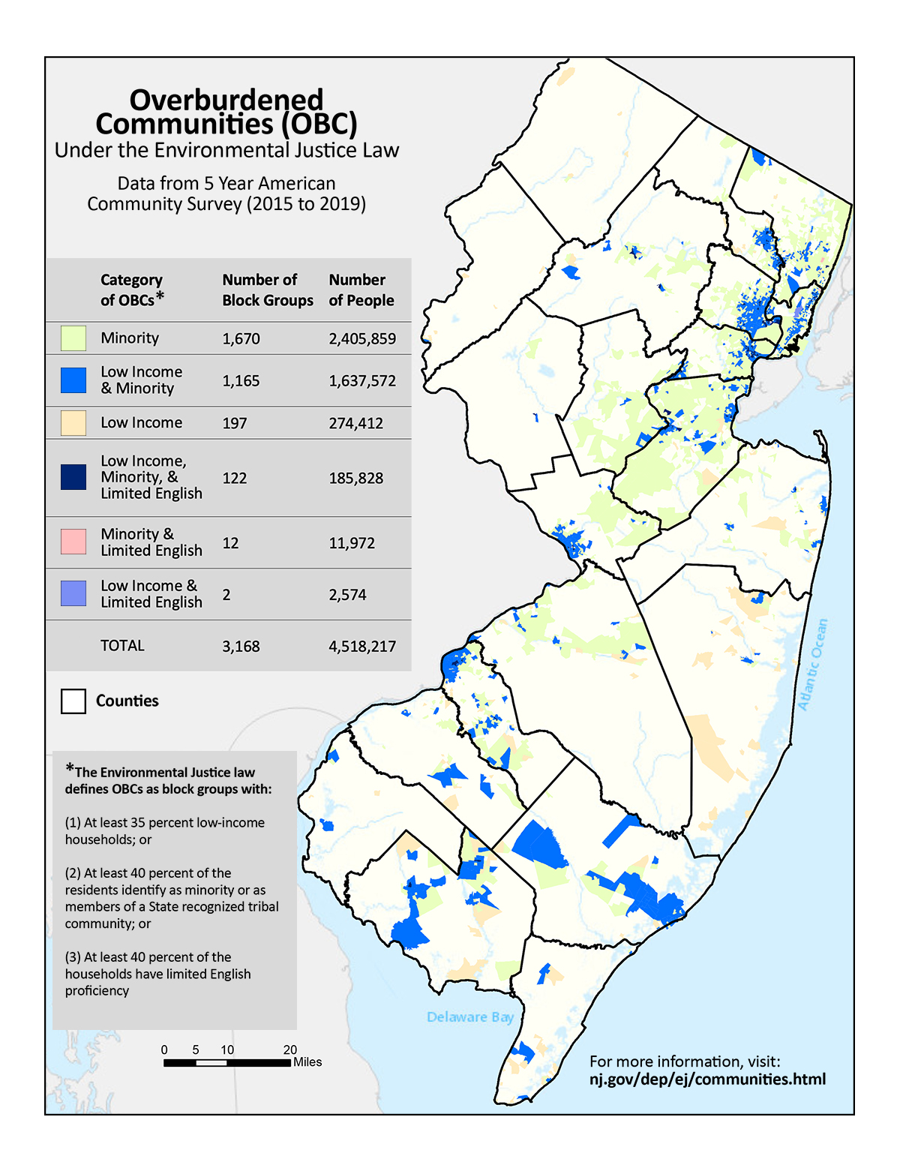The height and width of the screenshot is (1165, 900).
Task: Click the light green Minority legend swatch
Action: click(x=73, y=338)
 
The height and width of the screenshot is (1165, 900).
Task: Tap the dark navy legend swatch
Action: click(x=73, y=477)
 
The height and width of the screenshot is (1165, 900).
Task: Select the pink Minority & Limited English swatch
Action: click(x=73, y=542)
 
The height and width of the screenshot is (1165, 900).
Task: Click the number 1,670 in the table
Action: click(x=241, y=338)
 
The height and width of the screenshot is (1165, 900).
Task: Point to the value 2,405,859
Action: click(x=362, y=338)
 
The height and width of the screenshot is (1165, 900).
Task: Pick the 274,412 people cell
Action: click(x=355, y=423)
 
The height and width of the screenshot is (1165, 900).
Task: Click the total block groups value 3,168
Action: click(x=241, y=646)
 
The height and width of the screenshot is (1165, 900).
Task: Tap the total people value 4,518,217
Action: click(x=362, y=646)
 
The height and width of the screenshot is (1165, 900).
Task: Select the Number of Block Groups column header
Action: click(x=268, y=290)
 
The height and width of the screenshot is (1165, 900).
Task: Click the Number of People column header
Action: click(x=361, y=290)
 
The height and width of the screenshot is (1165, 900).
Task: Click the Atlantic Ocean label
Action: click(x=813, y=665)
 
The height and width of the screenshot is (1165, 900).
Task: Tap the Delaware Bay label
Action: click(x=470, y=1016)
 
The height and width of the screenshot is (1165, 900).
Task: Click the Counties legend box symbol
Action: click(x=73, y=701)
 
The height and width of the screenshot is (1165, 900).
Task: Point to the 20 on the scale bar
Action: click(x=289, y=1049)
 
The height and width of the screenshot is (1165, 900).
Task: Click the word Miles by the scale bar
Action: click(x=307, y=1062)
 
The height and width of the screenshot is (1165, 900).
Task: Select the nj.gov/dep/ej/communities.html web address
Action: click(x=707, y=1079)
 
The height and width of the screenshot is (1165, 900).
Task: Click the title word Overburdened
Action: click(x=226, y=100)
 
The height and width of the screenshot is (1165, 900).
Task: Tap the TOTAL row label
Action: click(x=122, y=645)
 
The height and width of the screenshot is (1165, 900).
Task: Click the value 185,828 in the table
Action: click(x=355, y=478)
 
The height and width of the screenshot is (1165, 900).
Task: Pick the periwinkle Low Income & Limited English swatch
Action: click(x=73, y=593)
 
